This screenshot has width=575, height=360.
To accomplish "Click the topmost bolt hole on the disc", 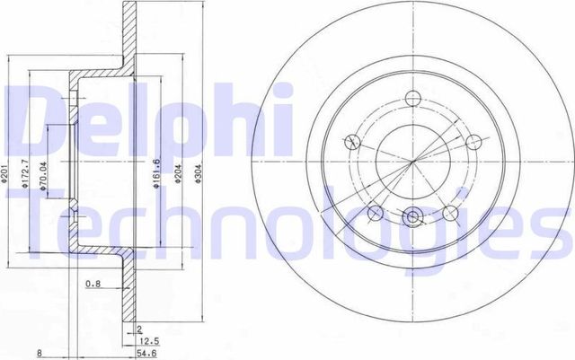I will tap(412, 100).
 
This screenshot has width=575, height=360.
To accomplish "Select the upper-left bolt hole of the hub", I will tap(353, 142).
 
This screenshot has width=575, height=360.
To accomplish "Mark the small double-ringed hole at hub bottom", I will tap(412, 216).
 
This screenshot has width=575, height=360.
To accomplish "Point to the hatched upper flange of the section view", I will tap(128, 36).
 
